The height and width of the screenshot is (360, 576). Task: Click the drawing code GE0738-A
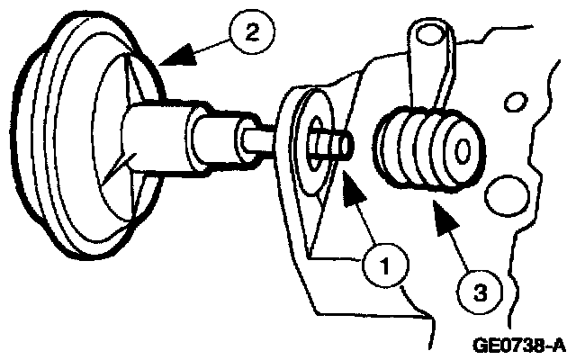tap(521, 344)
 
